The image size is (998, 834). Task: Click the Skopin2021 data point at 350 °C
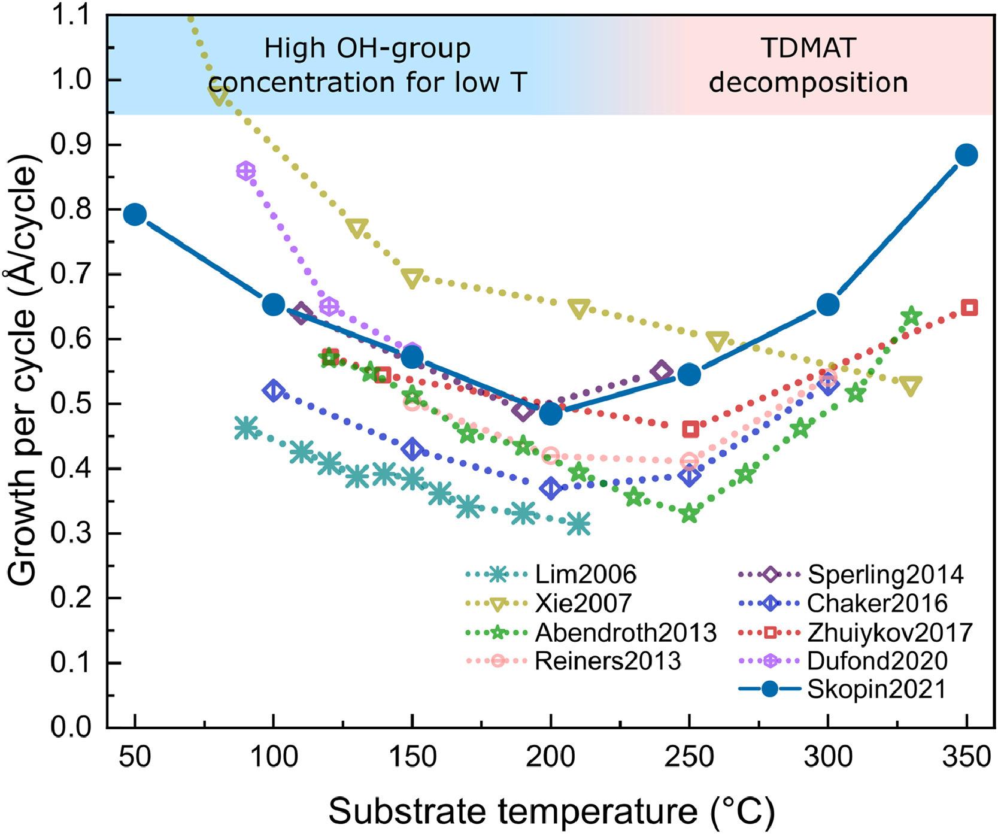[966, 155]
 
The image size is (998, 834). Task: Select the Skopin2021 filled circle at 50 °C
[135, 214]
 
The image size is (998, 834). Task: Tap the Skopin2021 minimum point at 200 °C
[551, 413]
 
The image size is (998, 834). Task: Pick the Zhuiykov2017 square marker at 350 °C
[969, 308]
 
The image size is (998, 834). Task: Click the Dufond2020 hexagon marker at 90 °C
[245, 171]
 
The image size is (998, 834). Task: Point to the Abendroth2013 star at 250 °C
[690, 514]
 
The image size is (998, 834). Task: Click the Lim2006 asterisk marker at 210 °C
[578, 524]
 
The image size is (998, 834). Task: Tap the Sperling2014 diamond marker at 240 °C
[662, 371]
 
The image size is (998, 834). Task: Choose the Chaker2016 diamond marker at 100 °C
[274, 391]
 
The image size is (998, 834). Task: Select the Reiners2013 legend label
[608, 661]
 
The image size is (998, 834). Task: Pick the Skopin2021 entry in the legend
[876, 690]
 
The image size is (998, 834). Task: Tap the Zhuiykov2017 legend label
[890, 632]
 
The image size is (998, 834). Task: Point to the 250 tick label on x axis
[690, 757]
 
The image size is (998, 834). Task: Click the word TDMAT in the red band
[808, 49]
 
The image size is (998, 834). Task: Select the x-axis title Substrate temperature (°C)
[551, 811]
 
